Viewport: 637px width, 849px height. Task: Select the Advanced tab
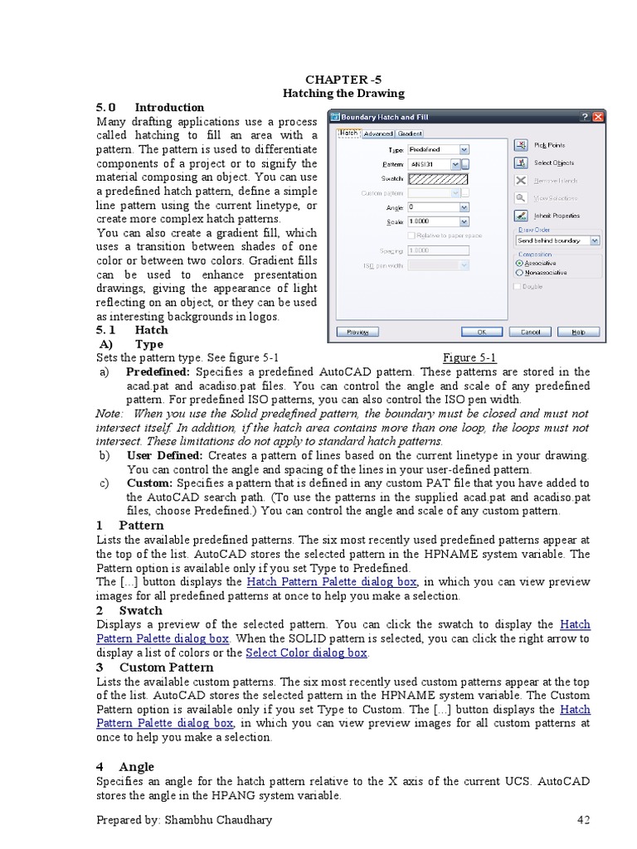pos(377,133)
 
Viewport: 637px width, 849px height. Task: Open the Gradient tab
pos(409,133)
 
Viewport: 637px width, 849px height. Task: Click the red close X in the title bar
pos(598,117)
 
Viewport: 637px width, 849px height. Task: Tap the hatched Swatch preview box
pos(438,178)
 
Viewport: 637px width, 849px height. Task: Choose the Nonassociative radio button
pos(520,271)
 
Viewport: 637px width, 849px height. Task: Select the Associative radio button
pos(520,262)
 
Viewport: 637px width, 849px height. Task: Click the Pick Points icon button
pos(521,145)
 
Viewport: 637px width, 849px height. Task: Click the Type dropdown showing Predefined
pos(438,149)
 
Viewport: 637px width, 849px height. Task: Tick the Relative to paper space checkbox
pos(411,235)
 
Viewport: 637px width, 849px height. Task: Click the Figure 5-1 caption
pos(469,358)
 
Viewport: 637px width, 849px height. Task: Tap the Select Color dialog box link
pos(307,653)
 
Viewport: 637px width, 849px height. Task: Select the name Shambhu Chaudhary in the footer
pos(219,820)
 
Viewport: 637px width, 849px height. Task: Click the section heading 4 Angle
pos(125,767)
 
